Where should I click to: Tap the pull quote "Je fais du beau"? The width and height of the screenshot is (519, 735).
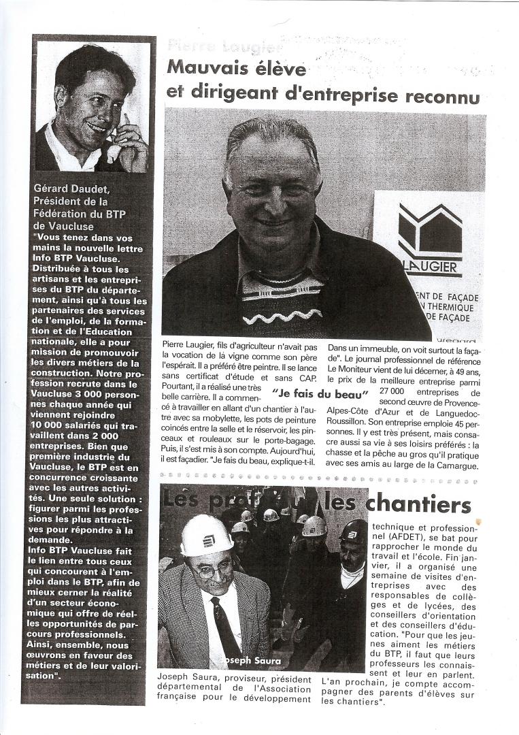[x=320, y=393]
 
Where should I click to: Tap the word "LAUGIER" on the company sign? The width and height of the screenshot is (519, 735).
[x=435, y=267]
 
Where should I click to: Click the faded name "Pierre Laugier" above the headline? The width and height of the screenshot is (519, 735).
[x=214, y=46]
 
